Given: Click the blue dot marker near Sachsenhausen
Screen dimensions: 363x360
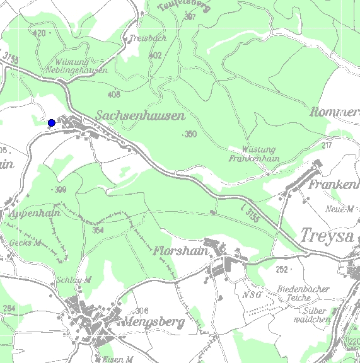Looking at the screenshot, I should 52,122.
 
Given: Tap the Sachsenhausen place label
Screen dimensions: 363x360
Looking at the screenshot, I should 141,116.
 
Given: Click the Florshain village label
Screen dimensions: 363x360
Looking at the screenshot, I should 180,251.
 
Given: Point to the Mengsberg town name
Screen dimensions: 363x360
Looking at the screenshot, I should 155,323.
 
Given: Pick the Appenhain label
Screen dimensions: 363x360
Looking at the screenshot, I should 35,214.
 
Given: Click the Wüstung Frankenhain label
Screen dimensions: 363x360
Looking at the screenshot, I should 253,154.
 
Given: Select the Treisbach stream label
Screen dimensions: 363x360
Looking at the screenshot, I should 148,38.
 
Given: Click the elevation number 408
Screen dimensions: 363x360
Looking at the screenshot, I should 114,95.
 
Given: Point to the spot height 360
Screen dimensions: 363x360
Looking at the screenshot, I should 190,134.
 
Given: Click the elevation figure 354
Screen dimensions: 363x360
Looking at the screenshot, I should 98,231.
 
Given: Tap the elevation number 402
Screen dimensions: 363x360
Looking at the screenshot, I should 155,55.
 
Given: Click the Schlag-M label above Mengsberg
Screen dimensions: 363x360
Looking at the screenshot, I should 74,280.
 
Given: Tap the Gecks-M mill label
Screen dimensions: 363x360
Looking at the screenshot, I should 26,243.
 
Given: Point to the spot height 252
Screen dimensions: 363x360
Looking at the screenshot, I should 282,269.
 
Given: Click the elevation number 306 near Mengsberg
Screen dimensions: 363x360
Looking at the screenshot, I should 142,311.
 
